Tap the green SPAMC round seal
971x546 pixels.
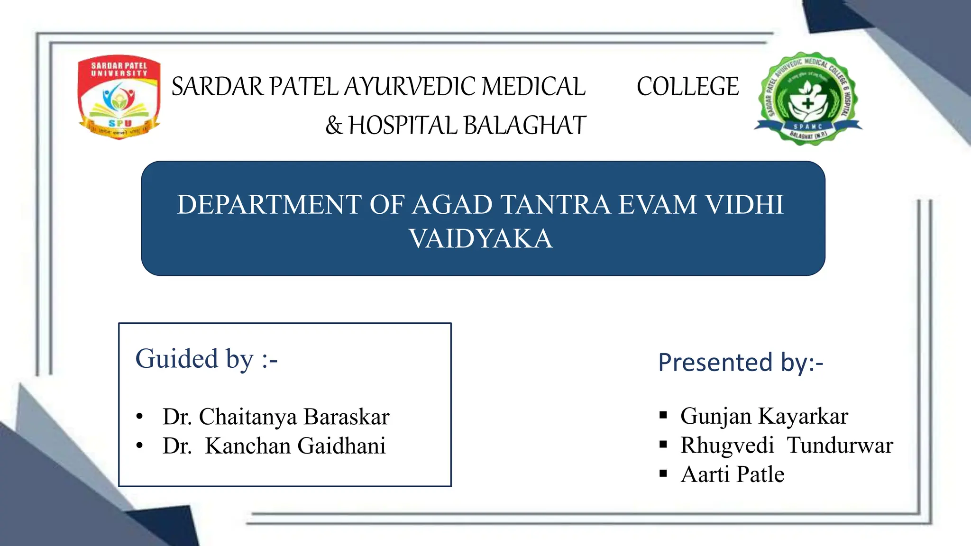coord(808,99)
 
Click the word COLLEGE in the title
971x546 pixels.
coord(687,87)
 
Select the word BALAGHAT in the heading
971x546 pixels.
coord(525,126)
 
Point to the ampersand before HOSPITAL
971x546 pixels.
coord(334,126)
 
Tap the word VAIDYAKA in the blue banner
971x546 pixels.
coord(481,238)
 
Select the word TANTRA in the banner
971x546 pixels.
coord(556,205)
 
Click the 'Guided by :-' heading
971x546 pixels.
coord(206,359)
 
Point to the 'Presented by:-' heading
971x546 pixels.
coord(740,363)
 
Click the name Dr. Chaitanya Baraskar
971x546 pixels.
coord(275,417)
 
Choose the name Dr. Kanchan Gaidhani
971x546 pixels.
coord(274,446)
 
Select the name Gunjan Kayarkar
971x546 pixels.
coord(764,416)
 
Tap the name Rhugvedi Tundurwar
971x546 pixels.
coord(787,446)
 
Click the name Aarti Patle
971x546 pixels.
coord(733,474)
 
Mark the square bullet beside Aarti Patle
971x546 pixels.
coord(663,473)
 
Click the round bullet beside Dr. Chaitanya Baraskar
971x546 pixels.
coord(139,417)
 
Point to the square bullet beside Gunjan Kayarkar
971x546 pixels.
coord(663,416)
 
